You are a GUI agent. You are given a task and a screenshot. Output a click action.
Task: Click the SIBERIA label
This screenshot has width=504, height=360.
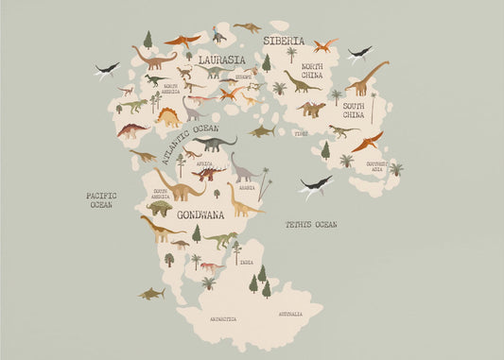pyautogui.click(x=284, y=42)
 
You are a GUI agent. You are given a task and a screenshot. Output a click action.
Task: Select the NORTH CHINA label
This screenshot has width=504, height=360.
pyautogui.click(x=311, y=72)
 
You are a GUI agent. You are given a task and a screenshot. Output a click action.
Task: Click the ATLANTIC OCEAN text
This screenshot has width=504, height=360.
pyautogui.click(x=192, y=141)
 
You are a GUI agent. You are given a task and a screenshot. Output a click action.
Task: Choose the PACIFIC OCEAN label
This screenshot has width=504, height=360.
pyautogui.click(x=99, y=200)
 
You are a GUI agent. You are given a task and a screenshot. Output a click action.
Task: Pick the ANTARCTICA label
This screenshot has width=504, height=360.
pyautogui.click(x=223, y=319)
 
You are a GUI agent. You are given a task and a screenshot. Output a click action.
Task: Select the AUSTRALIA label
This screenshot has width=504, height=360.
pyautogui.click(x=290, y=314)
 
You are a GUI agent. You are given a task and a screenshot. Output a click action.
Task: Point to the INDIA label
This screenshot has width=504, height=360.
pyautogui.click(x=246, y=262)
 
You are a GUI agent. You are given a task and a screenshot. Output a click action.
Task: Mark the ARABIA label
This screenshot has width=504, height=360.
pyautogui.click(x=246, y=188)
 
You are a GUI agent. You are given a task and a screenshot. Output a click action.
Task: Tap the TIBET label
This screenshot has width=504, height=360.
pyautogui.click(x=301, y=134)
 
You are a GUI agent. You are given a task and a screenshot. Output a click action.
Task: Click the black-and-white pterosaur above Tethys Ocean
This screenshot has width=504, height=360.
pyautogui.click(x=316, y=185)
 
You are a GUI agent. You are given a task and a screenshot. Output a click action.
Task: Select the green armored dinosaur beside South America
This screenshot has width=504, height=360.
pyautogui.click(x=159, y=208)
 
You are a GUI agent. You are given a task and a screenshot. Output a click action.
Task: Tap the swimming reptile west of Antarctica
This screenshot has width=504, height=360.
pyautogui.click(x=150, y=294)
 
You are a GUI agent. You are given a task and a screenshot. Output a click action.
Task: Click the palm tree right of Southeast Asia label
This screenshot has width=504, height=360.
pyautogui.click(x=396, y=170)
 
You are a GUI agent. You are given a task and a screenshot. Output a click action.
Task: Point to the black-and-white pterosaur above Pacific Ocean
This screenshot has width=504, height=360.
pyautogui.click(x=107, y=69)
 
